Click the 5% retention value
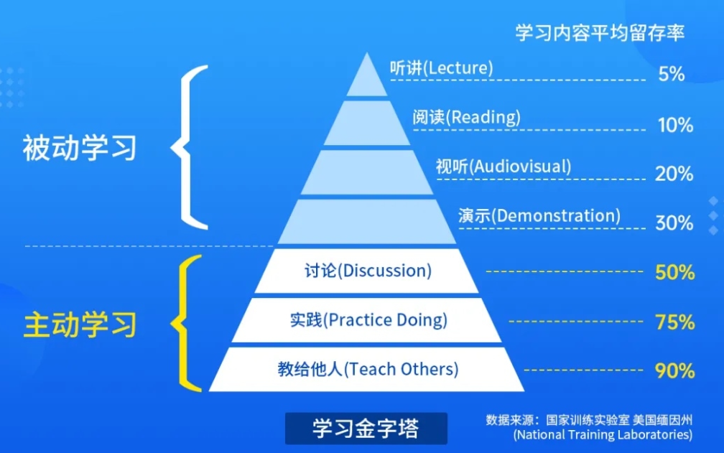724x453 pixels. coord(671,74)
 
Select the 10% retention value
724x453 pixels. coord(674,125)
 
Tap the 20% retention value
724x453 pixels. coord(674,174)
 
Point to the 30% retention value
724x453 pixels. coord(674,223)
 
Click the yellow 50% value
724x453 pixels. coord(674,273)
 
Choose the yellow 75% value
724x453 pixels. coord(674,322)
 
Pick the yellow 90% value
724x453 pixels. coord(674,371)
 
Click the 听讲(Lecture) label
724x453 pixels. coord(441,68)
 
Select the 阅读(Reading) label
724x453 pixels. coord(466,117)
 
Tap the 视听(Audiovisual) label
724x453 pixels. coord(503,167)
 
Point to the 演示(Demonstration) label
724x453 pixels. coord(539,215)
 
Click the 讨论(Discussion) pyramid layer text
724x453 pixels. coord(367,271)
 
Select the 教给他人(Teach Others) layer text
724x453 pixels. coord(368,370)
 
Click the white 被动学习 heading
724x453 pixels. coord(79,149)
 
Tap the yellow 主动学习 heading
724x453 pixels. coord(79,324)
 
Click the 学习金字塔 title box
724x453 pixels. coord(366,429)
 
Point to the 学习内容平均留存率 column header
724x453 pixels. coord(600,32)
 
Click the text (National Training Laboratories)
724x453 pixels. coord(603,435)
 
